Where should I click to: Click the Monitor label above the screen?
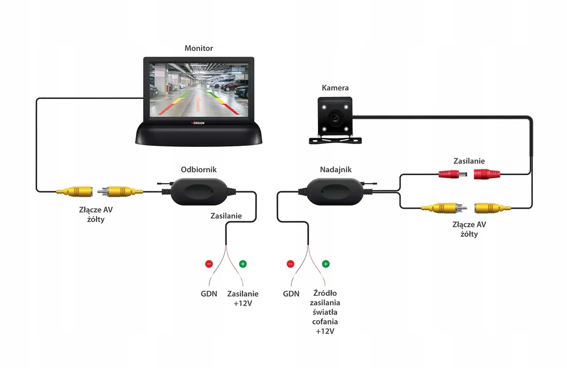tap(198, 48)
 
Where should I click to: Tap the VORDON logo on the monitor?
tap(198, 123)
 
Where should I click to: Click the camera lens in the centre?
tap(335, 118)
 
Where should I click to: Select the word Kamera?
tap(335, 88)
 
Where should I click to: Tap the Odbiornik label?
tap(198, 170)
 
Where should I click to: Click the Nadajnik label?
tap(336, 170)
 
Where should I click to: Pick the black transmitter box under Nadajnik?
tap(335, 192)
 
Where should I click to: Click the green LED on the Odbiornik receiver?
tap(211, 192)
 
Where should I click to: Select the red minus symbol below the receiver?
tap(209, 264)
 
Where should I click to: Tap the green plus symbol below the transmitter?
tap(325, 264)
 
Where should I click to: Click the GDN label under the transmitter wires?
tap(291, 294)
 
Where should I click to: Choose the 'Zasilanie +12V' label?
tap(243, 298)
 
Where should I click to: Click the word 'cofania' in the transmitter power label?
tap(325, 322)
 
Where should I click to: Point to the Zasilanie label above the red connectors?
tap(469, 161)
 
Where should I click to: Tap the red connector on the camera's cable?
tap(487, 174)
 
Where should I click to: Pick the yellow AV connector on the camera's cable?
tap(492, 208)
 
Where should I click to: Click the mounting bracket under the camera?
tap(335, 139)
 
